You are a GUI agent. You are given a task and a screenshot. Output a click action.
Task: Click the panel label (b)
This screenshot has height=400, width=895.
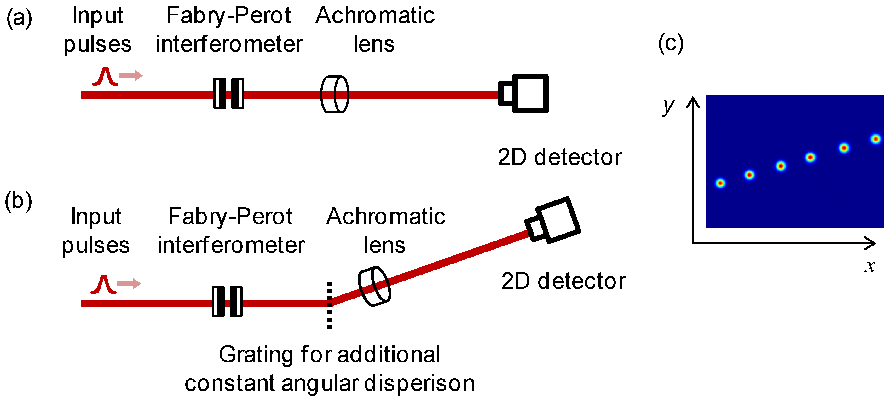pyautogui.click(x=18, y=201)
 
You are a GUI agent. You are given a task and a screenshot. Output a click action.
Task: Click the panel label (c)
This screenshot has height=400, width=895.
pyautogui.click(x=671, y=44)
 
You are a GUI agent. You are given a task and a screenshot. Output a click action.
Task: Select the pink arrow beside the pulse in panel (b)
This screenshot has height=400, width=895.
pyautogui.click(x=129, y=284)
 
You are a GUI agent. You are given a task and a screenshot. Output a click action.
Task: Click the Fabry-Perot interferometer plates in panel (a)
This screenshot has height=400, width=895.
pyautogui.click(x=228, y=94)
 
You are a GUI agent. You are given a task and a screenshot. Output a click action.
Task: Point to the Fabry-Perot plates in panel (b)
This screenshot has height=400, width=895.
pyautogui.click(x=227, y=301)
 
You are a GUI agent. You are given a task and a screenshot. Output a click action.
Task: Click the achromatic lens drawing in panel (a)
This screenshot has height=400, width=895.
pyautogui.click(x=335, y=94)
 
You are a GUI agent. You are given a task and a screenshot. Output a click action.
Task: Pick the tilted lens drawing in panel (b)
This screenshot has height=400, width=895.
pyautogui.click(x=374, y=286)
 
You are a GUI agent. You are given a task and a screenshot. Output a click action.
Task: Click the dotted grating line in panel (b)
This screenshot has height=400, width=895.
pyautogui.click(x=329, y=305)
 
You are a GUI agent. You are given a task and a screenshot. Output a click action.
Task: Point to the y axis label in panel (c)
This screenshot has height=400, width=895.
pyautogui.click(x=668, y=106)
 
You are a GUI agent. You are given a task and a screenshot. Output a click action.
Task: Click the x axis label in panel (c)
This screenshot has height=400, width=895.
pyautogui.click(x=870, y=267)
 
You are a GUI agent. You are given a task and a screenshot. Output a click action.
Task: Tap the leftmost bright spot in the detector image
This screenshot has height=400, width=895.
pyautogui.click(x=720, y=183)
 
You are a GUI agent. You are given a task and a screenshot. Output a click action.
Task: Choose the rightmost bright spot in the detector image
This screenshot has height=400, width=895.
pyautogui.click(x=875, y=139)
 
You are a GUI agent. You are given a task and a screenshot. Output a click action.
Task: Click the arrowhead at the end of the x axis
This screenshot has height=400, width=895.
pyautogui.click(x=871, y=243)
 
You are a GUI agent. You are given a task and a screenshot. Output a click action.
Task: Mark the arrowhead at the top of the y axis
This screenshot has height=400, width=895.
pyautogui.click(x=693, y=101)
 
